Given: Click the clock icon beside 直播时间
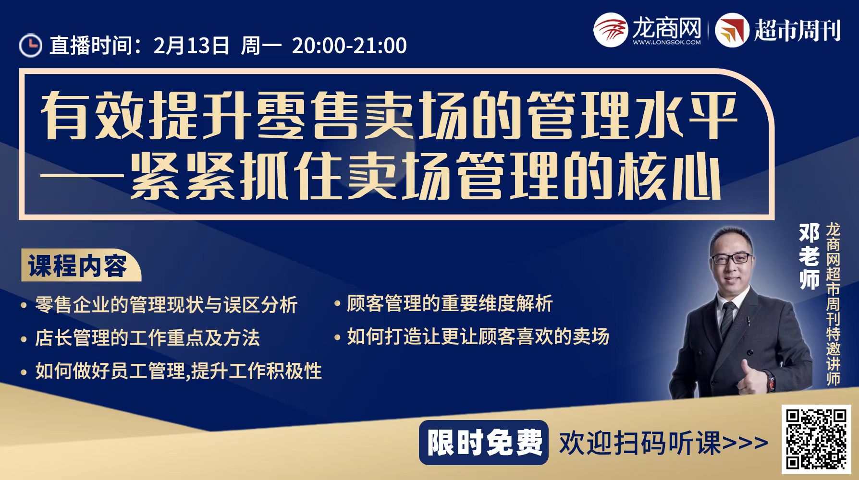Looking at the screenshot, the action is click(31, 45).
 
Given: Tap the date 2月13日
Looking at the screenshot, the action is click(191, 45).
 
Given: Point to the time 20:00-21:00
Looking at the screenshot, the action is click(349, 45).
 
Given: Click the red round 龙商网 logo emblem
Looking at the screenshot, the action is click(610, 30).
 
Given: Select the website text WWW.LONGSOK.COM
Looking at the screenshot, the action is click(666, 42).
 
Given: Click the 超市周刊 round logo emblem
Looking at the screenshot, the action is click(732, 30).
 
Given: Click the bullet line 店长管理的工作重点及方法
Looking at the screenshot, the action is click(147, 337).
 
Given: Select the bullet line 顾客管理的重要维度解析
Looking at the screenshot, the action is click(450, 303).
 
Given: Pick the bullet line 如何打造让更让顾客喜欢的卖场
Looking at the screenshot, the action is click(478, 336).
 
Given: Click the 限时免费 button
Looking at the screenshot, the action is click(484, 442).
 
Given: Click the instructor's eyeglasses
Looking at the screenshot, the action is click(732, 259).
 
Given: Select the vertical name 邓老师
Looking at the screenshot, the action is click(809, 257).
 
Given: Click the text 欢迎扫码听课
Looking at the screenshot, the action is click(639, 443).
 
